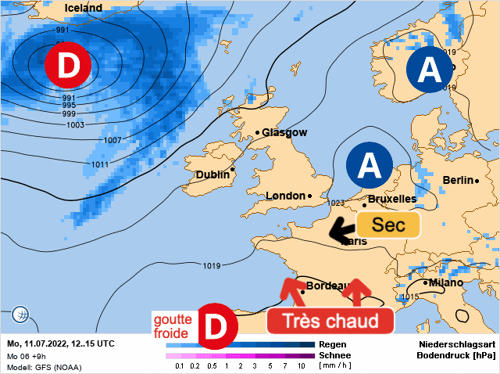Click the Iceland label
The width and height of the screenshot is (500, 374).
coord(83,8)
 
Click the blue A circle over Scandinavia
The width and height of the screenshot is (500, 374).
coord(429,71)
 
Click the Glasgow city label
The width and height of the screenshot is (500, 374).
coord(284,132)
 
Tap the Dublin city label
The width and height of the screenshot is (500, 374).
coord(212,174)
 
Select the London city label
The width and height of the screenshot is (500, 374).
coord(285,196)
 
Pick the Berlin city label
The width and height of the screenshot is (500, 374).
coord(458,180)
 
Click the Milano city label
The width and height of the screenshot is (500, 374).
coord(446,282)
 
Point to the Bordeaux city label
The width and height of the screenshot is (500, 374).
coord(327,286)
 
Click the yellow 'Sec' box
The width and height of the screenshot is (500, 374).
coord(388,225)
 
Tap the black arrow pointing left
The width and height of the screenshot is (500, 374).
coord(341,229)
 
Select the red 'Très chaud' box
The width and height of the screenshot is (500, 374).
coord(330,321)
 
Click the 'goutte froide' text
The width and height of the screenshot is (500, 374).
coord(172,326)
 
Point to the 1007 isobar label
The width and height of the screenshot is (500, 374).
coord(112,140)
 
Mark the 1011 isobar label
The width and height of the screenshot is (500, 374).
coord(100,165)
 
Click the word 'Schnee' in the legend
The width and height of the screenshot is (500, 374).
coord(334,354)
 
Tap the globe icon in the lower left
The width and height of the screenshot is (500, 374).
coord(21,315)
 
